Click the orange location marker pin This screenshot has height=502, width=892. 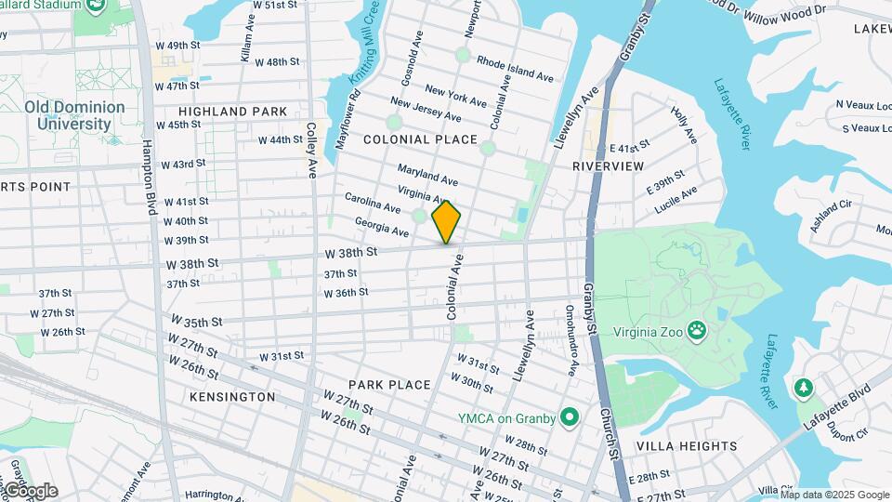pos(447,222)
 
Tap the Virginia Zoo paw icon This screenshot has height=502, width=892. pos(695,331)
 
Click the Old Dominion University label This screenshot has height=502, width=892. pos(74,115)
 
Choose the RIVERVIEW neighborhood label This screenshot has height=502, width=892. pos(608,165)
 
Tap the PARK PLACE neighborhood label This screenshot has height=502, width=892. pos(389,385)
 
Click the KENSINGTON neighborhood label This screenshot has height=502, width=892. pos(232,397)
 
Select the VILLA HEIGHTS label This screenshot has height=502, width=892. pos(687,446)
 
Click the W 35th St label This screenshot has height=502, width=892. pos(196,323)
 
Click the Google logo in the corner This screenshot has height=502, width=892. pos(30,491)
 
